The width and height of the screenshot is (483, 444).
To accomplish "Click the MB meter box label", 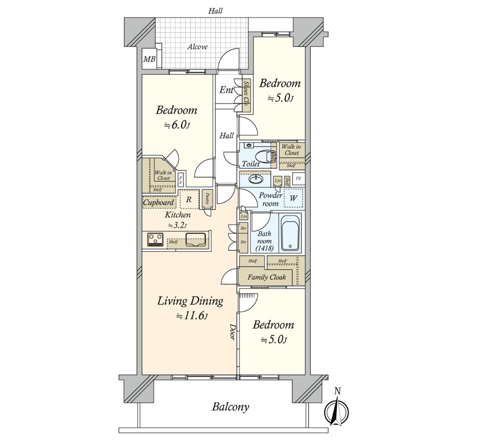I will (x=149, y=59).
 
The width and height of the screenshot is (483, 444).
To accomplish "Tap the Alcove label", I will (x=197, y=47).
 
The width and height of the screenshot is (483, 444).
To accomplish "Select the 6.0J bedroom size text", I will (x=177, y=125).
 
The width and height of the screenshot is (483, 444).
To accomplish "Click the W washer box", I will (x=293, y=198).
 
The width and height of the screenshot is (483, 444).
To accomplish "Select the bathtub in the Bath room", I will (x=290, y=233).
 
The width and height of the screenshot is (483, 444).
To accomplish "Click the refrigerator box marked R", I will (x=189, y=199).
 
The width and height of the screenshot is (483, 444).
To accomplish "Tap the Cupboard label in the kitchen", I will (x=158, y=203).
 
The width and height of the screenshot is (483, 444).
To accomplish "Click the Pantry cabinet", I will (x=207, y=199).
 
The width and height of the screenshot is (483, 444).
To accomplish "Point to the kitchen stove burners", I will (x=155, y=239).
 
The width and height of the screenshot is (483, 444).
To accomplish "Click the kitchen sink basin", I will (x=196, y=239).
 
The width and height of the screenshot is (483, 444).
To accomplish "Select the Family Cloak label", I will (x=267, y=278).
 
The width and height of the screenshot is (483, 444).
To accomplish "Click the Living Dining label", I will (x=190, y=301).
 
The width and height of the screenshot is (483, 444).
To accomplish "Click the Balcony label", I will (x=230, y=407).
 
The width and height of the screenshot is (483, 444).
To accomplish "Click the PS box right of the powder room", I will (x=298, y=178).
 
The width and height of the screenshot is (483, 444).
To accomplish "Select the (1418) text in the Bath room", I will (x=264, y=248).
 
